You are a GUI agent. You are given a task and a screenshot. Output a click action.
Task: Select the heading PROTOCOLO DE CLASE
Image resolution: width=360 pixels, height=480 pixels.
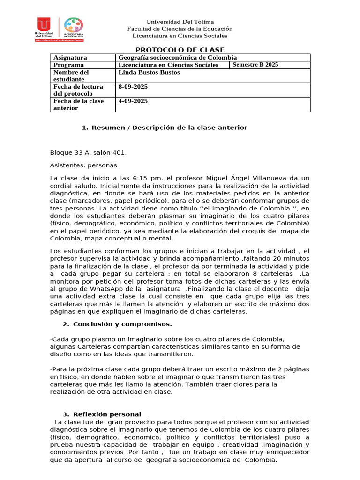pyautogui.click(x=180, y=50)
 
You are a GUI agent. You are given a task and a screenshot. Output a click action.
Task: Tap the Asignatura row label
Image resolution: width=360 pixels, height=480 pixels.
pyautogui.click(x=70, y=58)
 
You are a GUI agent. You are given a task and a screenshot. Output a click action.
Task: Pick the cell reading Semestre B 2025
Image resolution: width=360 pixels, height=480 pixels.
pyautogui.click(x=255, y=65)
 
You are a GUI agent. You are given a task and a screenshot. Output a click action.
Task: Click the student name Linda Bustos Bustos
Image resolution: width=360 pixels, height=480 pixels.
pyautogui.click(x=149, y=73)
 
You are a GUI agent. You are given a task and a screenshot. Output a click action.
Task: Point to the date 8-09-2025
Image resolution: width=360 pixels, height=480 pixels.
pyautogui.click(x=134, y=87)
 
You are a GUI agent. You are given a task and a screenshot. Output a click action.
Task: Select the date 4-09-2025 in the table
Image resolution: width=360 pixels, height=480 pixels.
pyautogui.click(x=134, y=101)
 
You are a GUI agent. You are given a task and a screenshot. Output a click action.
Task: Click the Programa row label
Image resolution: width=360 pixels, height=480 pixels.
pyautogui.click(x=68, y=65)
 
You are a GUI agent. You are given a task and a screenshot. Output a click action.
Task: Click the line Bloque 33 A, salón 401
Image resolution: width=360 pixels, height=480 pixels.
pyautogui.click(x=88, y=153)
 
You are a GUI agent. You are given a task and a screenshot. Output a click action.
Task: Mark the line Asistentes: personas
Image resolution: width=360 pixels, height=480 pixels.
pyautogui.click(x=83, y=165)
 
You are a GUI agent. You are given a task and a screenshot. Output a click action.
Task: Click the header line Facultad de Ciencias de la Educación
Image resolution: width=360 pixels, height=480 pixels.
pyautogui.click(x=180, y=29)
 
